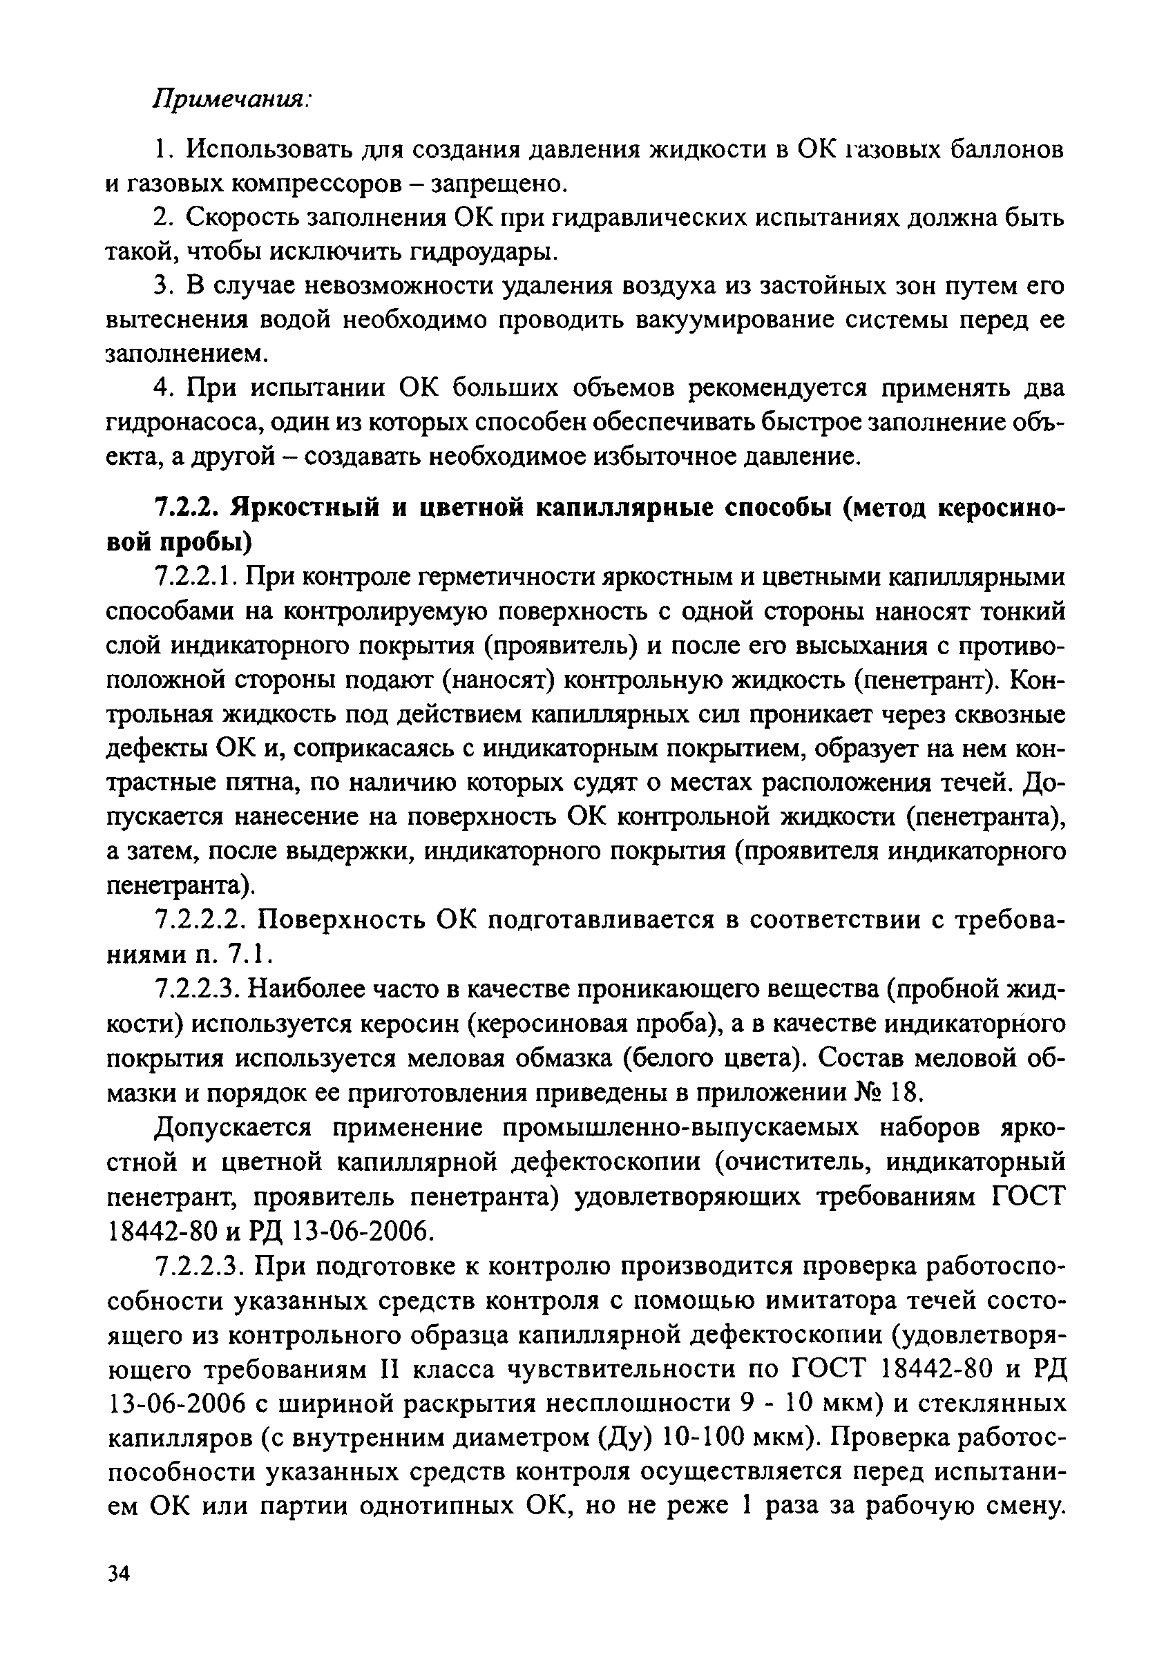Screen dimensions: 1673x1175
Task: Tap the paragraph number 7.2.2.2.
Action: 202,920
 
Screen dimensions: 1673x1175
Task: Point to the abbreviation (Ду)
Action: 625,1437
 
